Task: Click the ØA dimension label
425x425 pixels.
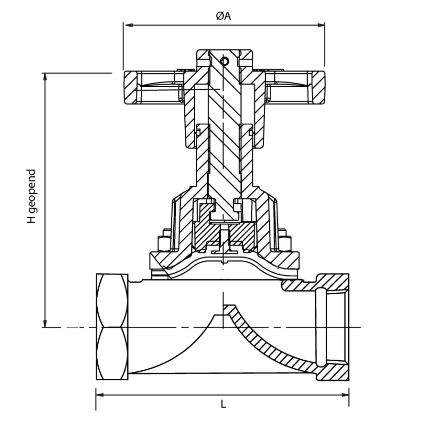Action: [224, 16]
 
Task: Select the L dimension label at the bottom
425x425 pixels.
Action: [223, 404]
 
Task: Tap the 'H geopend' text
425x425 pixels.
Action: [32, 197]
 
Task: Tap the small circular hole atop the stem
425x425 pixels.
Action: [225, 61]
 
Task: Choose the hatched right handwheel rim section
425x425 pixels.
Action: [318, 88]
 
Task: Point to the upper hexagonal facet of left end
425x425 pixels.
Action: [113, 300]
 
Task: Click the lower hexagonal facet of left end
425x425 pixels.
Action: [113, 353]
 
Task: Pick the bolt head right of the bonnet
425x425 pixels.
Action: [285, 242]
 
